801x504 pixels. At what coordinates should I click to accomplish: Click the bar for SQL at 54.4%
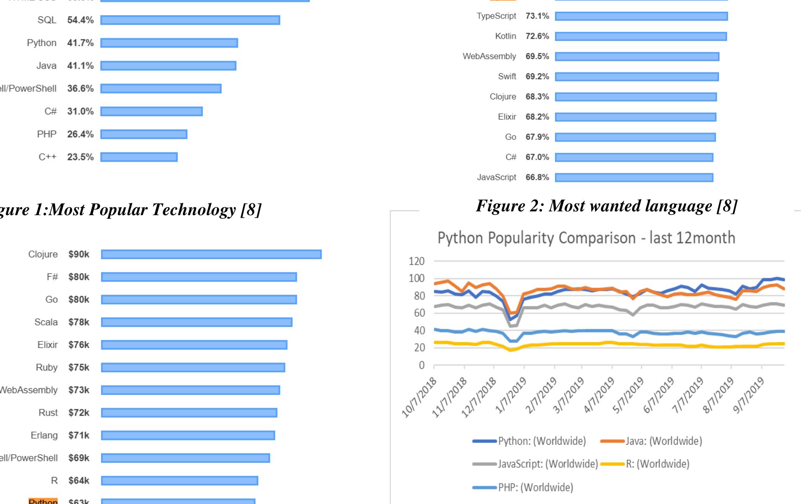190,20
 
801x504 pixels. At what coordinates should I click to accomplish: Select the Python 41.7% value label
80,43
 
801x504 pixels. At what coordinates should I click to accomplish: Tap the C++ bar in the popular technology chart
139,157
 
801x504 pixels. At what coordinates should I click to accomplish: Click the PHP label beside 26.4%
46,134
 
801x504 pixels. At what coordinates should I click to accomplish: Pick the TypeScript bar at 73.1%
641,16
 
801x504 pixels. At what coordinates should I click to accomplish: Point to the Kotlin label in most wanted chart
505,36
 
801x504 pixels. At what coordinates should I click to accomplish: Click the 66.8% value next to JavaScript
537,177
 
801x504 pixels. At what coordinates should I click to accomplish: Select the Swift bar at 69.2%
637,77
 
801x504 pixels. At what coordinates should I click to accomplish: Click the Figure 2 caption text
606,206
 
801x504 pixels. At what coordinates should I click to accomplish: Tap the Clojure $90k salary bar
211,254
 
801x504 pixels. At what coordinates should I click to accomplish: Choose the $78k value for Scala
79,322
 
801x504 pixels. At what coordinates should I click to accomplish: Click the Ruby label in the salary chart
47,368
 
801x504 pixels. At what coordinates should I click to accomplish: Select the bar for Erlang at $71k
188,435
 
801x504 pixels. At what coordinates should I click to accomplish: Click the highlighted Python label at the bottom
43,501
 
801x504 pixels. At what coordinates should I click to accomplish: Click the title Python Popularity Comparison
586,238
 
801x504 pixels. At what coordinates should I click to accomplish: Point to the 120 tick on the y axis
416,261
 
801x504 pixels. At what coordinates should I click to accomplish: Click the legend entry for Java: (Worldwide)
664,441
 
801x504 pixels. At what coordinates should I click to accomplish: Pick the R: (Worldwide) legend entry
657,464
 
